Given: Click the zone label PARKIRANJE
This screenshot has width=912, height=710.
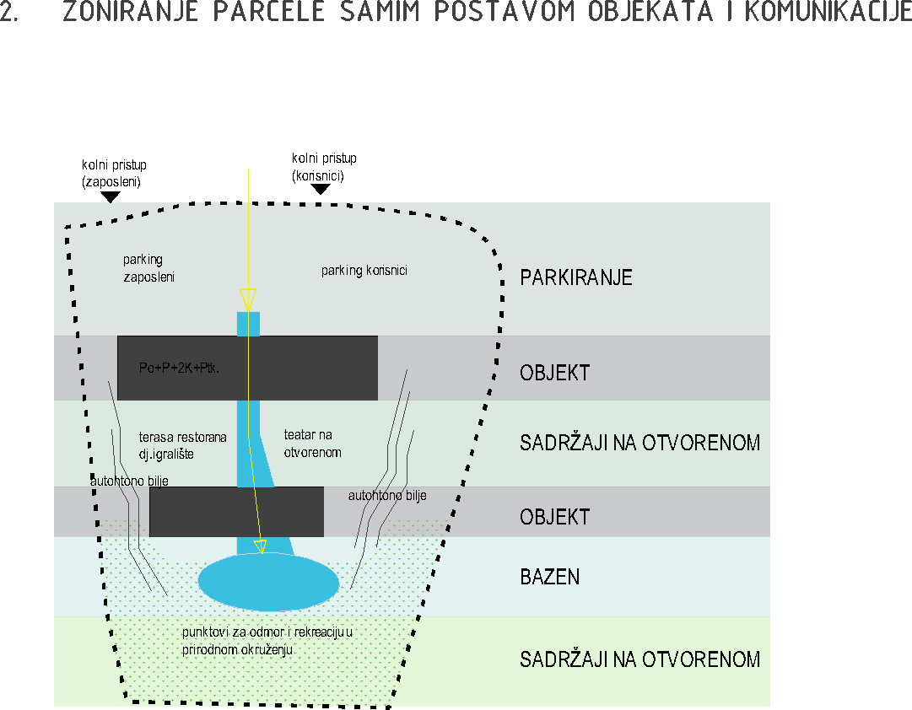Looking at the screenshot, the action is tap(576, 277).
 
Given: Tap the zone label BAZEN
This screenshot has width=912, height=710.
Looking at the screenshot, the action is tap(549, 577).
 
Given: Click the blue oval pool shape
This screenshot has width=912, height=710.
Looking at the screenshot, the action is tap(269, 582).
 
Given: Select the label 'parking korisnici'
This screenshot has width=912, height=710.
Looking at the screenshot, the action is tap(364, 271).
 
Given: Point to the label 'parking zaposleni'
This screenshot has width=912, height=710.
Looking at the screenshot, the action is tap(148, 268).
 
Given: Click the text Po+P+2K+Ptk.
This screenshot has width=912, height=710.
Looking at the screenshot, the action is tap(179, 368).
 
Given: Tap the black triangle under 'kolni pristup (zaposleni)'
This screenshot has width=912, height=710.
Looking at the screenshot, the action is tap(111, 197).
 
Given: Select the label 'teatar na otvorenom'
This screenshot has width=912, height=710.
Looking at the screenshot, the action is tap(312, 443).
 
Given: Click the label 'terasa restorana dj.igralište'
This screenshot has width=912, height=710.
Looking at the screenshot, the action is tap(182, 445).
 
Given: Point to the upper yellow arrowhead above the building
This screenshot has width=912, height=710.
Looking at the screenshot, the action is tap(248, 299).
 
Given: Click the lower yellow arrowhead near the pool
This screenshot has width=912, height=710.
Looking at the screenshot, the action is tap(261, 546).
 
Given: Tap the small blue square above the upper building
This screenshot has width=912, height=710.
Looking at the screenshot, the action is tap(248, 324).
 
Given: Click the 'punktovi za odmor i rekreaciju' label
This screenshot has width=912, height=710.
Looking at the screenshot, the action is tap(267, 640).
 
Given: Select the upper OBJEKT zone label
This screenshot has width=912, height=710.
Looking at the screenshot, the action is tap(555, 373).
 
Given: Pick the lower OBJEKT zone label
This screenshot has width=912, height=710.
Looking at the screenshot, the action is tap(555, 517).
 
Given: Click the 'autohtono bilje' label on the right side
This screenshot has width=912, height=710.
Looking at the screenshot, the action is tap(387, 496).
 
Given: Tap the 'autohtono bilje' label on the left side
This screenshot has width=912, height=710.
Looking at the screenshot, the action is tap(129, 481).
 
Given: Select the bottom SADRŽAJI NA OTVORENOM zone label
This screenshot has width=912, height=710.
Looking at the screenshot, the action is tap(639, 659).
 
